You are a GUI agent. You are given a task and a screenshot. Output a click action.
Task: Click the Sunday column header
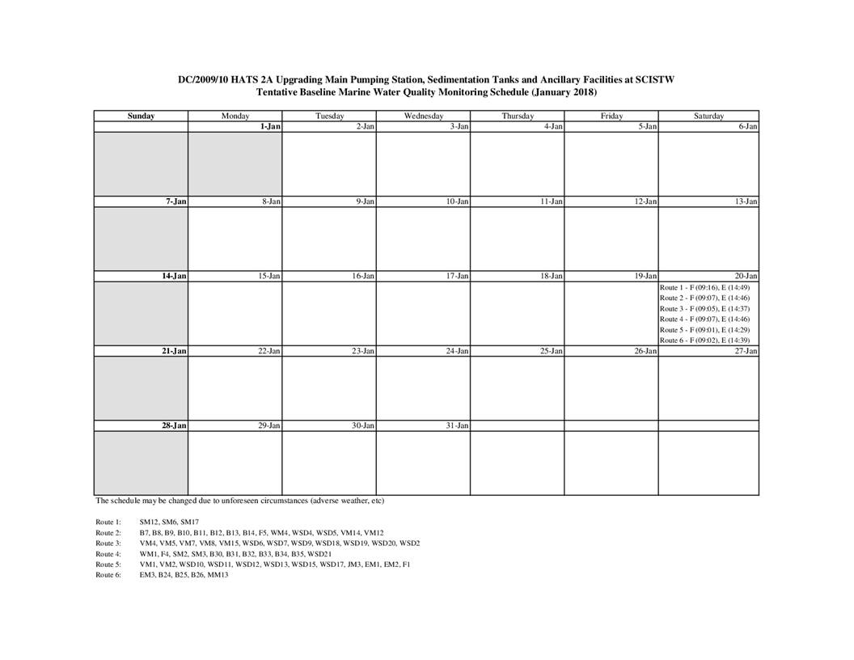pos(141,116)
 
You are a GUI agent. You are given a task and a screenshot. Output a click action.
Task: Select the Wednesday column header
pos(423,116)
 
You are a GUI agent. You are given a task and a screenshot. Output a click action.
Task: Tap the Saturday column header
pos(708,116)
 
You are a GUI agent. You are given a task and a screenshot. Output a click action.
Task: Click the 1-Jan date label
pos(270,127)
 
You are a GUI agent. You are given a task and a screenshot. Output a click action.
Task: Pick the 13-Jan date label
pos(746,201)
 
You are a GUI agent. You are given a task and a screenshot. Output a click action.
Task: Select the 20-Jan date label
pos(746,277)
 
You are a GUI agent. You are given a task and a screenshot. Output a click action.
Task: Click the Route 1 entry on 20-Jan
pos(704,288)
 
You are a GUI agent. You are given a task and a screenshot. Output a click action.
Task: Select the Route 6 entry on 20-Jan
pos(704,341)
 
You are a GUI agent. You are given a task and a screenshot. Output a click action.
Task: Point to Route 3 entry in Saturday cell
pos(704,309)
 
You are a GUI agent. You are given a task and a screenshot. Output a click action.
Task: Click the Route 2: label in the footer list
pos(108,533)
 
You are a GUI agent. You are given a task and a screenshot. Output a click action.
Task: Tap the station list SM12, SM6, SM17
pos(163,522)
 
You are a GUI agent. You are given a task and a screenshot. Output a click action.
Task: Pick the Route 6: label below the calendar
pos(108,575)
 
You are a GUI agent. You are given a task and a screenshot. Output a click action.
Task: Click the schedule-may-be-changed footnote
pos(239,501)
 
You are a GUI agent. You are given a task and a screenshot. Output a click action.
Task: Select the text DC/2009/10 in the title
pos(203,80)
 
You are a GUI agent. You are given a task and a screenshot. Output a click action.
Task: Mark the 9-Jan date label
pos(365,201)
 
